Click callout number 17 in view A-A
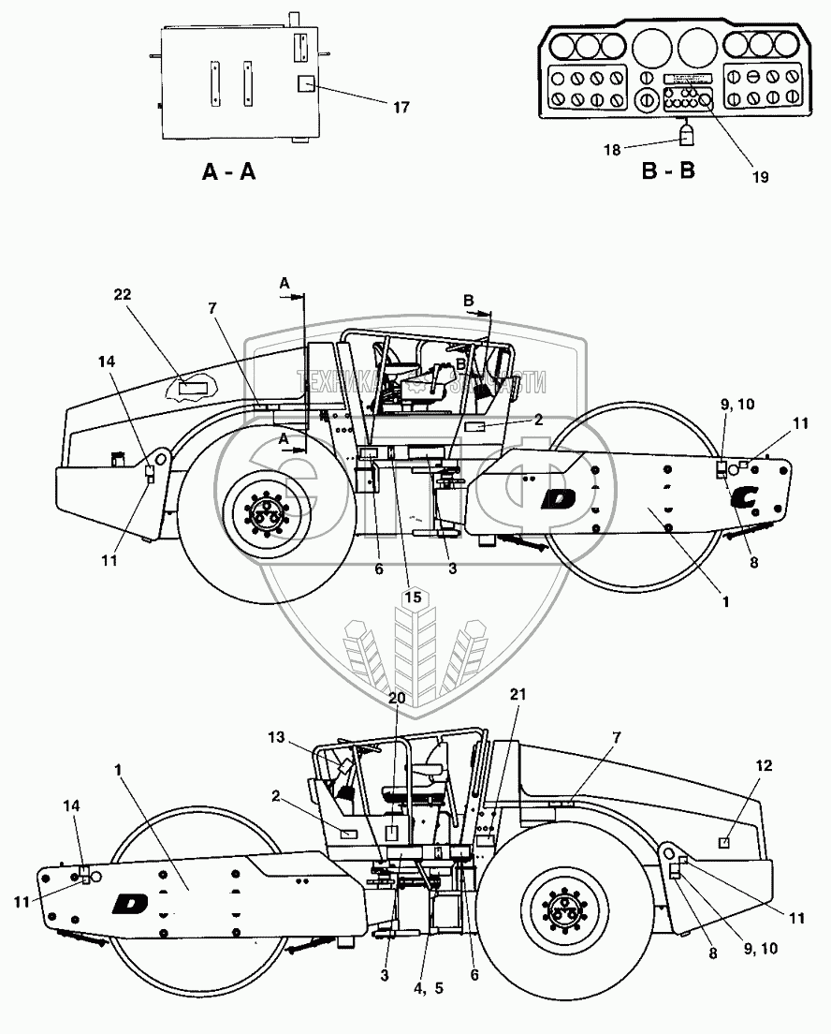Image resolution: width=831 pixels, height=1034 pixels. click(x=401, y=108)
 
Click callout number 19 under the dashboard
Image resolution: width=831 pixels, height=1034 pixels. click(x=757, y=175)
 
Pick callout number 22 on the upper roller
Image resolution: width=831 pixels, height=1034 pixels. click(x=123, y=294)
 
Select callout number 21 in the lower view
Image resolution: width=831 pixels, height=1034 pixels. click(x=518, y=694)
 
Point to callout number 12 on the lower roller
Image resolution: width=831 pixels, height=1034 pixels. click(x=765, y=766)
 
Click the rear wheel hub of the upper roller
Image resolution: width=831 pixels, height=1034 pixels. click(x=266, y=513)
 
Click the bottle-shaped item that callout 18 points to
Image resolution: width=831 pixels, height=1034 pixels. click(x=687, y=137)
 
